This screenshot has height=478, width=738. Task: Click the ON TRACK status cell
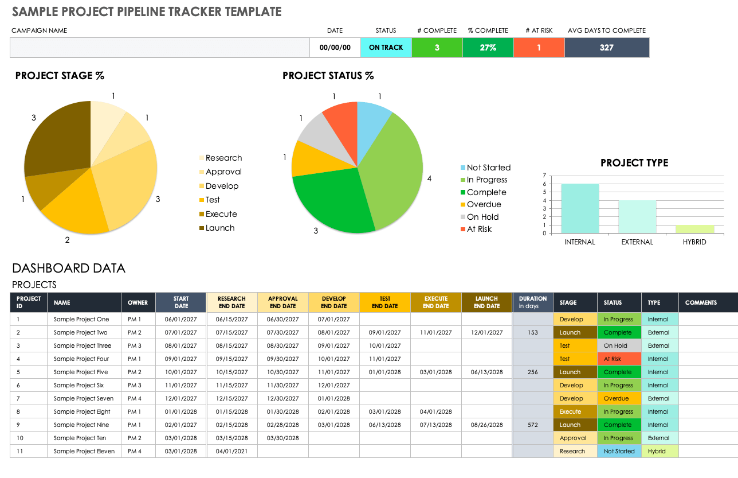386,48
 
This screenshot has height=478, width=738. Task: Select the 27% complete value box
488,48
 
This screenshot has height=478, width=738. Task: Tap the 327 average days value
607,48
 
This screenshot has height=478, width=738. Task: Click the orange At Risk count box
539,48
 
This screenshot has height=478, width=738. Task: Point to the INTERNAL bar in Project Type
580,208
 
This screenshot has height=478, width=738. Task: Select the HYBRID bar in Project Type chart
694,228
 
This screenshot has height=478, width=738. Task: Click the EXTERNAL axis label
637,242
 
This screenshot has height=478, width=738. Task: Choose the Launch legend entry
220,228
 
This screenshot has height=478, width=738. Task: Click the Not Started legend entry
488,168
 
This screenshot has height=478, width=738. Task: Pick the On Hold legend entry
482,217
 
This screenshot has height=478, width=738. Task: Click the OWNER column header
138,302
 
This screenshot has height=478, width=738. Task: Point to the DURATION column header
532,302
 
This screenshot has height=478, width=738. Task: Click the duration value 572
532,425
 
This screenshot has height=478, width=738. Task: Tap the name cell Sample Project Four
81,359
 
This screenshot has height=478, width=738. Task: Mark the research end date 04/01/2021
231,452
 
